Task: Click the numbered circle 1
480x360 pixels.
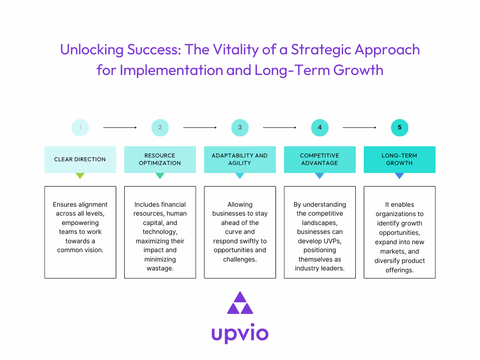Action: tap(80, 127)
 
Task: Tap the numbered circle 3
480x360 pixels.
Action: tap(240, 127)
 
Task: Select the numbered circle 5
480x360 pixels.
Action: tap(399, 127)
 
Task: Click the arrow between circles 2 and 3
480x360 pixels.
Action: tap(200, 127)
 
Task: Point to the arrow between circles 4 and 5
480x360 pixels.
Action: tap(360, 127)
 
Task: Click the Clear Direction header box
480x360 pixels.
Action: tap(80, 159)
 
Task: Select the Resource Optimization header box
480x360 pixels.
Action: tap(160, 159)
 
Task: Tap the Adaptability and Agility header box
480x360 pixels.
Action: tap(240, 159)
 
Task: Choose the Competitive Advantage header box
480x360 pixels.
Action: tap(320, 159)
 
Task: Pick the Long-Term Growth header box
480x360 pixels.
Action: tap(399, 159)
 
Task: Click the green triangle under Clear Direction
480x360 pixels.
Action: tap(80, 176)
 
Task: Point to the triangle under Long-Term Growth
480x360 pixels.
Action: tap(399, 176)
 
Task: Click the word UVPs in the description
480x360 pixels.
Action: tap(332, 241)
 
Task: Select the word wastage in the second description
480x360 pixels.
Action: tap(160, 268)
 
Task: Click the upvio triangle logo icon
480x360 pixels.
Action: tap(240, 304)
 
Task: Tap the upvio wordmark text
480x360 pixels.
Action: tap(240, 333)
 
